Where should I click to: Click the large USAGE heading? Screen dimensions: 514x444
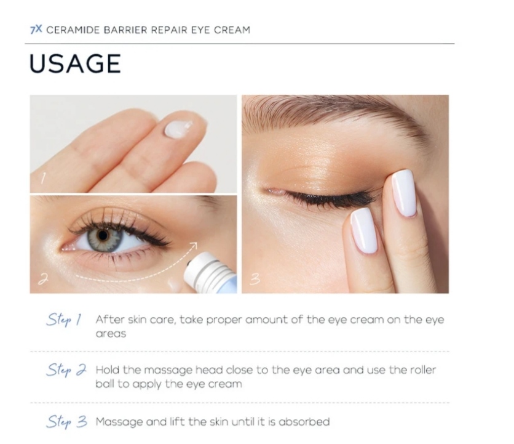[75, 63]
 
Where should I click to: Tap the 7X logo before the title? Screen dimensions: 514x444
[36, 30]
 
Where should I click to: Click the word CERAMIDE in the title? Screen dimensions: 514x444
[73, 30]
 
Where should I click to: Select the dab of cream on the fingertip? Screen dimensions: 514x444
[178, 129]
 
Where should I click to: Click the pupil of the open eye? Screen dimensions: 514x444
[103, 235]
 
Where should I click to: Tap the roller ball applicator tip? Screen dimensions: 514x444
[189, 264]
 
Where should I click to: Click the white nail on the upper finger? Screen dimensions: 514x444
[404, 193]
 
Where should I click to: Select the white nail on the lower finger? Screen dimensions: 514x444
[364, 230]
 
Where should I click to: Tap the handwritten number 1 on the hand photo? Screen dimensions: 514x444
[42, 179]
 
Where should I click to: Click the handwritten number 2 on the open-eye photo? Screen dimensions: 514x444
[43, 279]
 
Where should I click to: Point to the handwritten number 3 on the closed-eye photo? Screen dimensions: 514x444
[255, 279]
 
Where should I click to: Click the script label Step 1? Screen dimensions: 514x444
[64, 320]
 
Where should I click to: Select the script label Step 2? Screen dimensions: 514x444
[66, 370]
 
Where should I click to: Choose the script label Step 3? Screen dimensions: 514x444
[66, 422]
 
